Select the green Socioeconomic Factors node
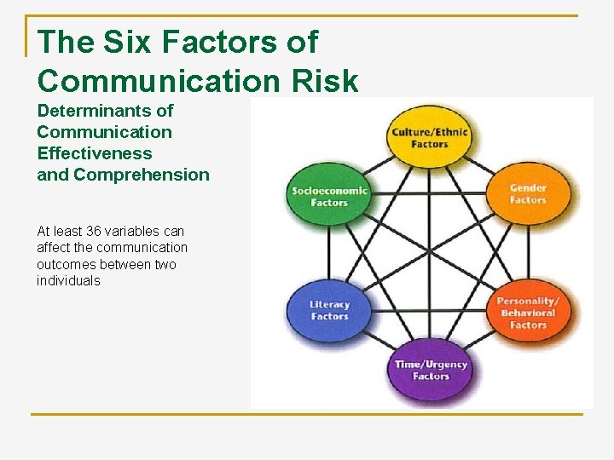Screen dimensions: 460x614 329,196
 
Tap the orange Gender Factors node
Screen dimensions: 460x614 527,193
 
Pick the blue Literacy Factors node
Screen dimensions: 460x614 329,310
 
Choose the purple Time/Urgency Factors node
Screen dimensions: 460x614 430,370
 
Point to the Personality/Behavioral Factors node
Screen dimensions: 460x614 528,313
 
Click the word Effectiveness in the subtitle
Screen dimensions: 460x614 94,153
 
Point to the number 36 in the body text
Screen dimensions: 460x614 94,231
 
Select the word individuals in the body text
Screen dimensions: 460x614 68,281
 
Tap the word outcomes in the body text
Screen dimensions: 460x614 63,264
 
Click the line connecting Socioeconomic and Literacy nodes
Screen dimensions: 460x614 329,253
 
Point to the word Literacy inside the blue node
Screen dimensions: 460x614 329,304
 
